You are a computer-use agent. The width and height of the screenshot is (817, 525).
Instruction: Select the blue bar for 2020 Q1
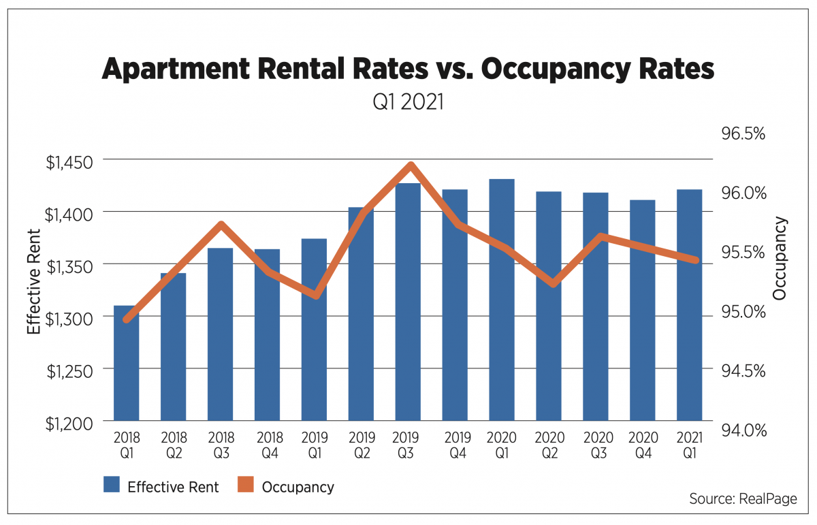pyautogui.click(x=502, y=300)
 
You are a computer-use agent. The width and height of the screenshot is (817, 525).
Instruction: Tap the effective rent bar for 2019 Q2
pyautogui.click(x=361, y=313)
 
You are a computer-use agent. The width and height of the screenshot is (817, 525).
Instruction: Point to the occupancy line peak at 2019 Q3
pyautogui.click(x=411, y=165)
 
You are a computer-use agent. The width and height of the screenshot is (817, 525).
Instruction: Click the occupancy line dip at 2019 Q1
pyautogui.click(x=315, y=295)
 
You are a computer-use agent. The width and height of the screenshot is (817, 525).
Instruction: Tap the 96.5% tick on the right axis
pyautogui.click(x=743, y=133)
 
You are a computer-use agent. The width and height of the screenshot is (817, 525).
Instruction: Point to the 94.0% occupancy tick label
pyautogui.click(x=743, y=430)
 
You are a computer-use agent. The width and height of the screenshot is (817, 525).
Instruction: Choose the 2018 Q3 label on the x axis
pyautogui.click(x=220, y=445)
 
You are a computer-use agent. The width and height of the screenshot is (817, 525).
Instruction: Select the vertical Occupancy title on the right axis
pyautogui.click(x=780, y=258)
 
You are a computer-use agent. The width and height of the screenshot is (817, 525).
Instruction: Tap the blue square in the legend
pyautogui.click(x=112, y=486)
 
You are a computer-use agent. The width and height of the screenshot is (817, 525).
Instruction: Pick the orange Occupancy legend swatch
pyautogui.click(x=246, y=486)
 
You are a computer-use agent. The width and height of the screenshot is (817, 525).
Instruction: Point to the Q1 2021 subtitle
pyautogui.click(x=407, y=103)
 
